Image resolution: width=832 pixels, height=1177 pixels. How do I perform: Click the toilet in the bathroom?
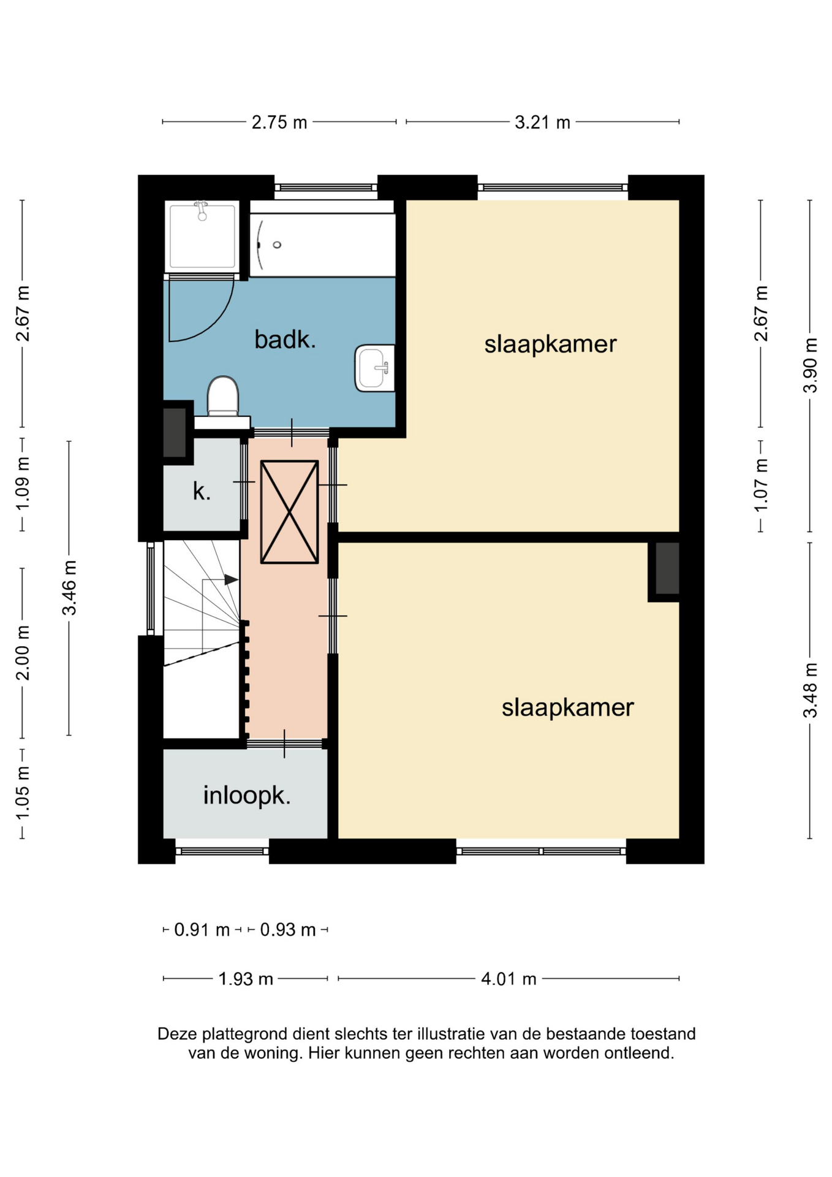(x=222, y=397)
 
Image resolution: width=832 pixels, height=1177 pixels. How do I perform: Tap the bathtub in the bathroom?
(x=322, y=245)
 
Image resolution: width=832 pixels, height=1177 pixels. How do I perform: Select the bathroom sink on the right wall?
(x=374, y=368)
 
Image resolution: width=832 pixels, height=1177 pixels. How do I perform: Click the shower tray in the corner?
(x=202, y=236)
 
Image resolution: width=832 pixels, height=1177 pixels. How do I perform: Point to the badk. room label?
(x=285, y=340)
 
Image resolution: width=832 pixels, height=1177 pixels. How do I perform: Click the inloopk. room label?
(x=246, y=796)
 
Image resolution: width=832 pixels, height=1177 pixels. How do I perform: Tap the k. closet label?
(x=202, y=491)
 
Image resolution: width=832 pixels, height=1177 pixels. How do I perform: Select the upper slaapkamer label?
(x=550, y=344)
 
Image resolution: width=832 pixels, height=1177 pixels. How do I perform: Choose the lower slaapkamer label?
(x=567, y=707)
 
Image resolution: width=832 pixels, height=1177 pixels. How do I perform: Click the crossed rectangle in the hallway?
(x=289, y=512)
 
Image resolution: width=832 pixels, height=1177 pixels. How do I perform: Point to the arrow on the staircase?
(x=231, y=579)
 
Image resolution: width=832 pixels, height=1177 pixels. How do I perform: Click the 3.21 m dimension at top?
(x=542, y=122)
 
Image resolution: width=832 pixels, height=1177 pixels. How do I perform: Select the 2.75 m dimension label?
(x=279, y=122)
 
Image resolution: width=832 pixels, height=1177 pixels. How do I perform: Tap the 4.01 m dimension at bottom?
(x=509, y=978)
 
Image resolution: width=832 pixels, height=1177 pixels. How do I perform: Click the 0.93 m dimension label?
(x=287, y=930)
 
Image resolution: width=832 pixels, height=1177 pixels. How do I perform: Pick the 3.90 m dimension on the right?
(x=810, y=365)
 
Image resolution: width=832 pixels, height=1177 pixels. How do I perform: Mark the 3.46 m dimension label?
(x=69, y=587)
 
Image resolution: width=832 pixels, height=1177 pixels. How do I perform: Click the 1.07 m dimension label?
(x=761, y=485)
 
